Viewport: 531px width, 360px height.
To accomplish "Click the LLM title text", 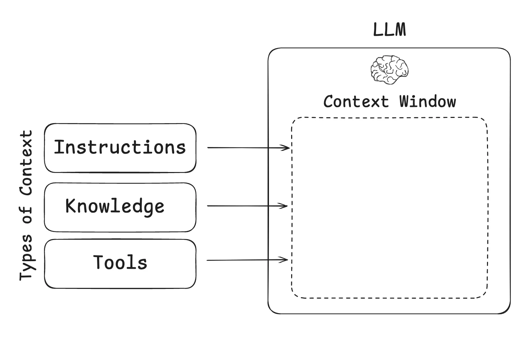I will click(389, 30).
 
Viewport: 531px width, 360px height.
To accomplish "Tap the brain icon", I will click(390, 69).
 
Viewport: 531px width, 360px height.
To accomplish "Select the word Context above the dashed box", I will click(356, 102).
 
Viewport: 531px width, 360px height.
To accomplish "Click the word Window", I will click(427, 102).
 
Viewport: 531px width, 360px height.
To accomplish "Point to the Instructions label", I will click(120, 147).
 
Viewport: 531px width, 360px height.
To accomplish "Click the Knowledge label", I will click(115, 206).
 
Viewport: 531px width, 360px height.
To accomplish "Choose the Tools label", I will click(120, 262).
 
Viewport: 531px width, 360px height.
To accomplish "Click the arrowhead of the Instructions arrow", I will click(287, 148).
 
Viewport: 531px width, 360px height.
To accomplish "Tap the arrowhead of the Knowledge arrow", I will click(285, 206).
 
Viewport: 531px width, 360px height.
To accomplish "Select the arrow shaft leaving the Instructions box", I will click(243, 148).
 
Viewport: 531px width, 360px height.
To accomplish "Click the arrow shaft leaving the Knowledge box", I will click(243, 206).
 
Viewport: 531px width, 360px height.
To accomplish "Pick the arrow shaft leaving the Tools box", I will click(243, 260).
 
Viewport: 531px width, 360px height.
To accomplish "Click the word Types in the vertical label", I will click(26, 257).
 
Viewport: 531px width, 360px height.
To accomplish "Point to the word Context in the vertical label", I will click(26, 163).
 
